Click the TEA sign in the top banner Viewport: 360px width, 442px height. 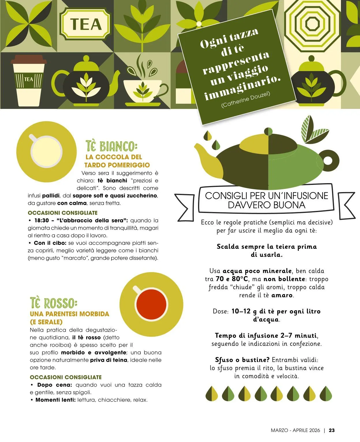[85, 25]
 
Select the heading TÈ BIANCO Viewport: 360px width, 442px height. [111, 146]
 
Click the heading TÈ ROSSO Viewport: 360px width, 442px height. [54, 303]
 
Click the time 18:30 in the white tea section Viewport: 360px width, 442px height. [42, 220]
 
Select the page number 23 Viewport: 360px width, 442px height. [332, 430]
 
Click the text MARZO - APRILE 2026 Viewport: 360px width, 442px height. [295, 430]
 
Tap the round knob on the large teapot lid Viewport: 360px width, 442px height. [268, 131]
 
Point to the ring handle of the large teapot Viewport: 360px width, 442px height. [328, 160]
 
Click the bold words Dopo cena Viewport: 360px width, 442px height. [55, 385]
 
